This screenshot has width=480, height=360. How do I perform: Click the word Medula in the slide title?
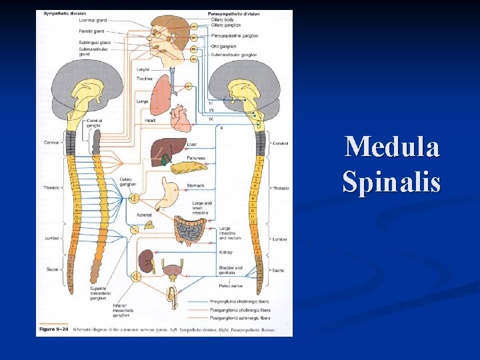point(392,147)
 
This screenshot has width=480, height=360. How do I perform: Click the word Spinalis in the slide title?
point(392,181)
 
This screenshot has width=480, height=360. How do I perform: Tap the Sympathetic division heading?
point(64,13)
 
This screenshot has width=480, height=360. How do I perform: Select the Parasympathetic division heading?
point(233,13)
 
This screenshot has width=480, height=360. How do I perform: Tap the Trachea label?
point(145,78)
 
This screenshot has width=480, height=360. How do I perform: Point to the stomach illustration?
point(172,189)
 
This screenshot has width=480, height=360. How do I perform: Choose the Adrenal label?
point(144,215)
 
